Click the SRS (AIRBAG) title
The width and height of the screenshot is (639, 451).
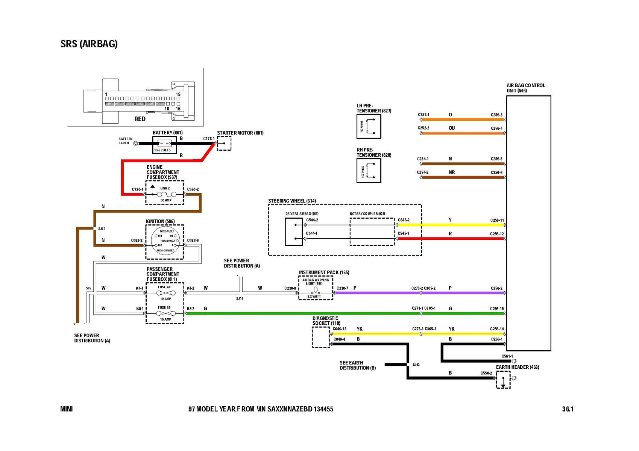89,44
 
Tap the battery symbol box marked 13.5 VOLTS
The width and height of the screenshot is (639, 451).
164,145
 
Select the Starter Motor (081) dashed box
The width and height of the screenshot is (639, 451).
224,144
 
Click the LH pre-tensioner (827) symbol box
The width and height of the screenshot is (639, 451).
369,126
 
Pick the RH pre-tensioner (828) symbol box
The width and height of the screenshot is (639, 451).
369,171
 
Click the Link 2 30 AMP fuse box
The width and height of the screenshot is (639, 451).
165,194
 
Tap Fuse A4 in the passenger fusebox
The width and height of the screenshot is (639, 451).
165,293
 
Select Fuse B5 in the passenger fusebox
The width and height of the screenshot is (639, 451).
165,313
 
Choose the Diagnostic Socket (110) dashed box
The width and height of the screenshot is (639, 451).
321,337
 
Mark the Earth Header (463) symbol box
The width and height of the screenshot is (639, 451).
503,380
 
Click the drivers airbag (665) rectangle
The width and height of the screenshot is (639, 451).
294,232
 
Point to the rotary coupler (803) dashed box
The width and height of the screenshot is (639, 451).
372,232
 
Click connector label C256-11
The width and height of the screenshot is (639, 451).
497,220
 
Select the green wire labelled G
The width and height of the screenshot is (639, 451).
301,313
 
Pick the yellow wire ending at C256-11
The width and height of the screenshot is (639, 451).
451,225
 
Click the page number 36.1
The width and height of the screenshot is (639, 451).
568,409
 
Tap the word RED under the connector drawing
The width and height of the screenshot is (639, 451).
140,119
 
